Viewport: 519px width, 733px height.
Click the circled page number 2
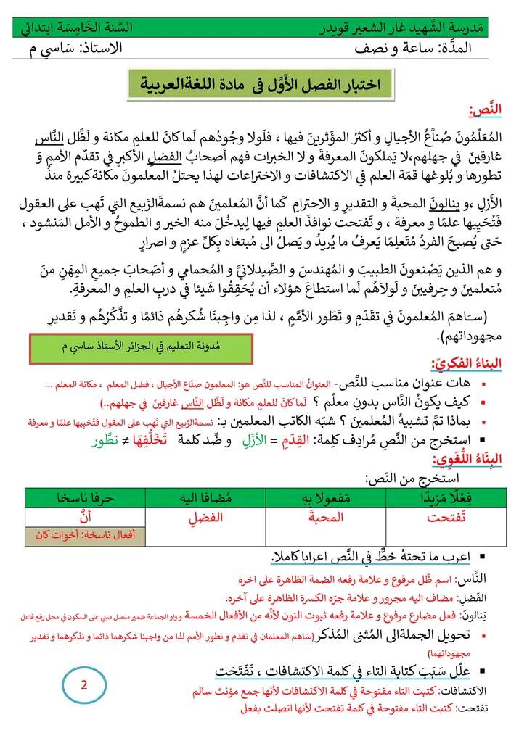[x=83, y=683]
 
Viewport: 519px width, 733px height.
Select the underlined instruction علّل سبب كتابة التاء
[x=356, y=668]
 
